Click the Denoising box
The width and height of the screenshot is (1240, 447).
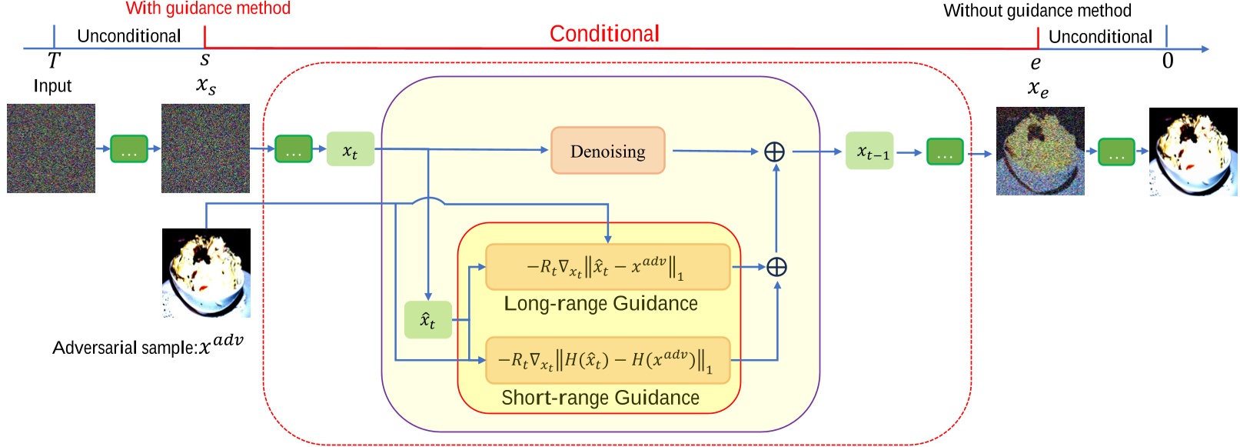coord(607,151)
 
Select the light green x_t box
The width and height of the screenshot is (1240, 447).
coord(350,149)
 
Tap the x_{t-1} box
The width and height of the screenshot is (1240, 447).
coord(869,151)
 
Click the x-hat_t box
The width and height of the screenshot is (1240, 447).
coord(427,319)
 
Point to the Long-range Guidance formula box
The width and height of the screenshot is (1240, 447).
coord(607,267)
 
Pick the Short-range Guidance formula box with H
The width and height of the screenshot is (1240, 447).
coord(607,359)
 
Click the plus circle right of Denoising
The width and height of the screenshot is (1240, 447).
coord(774,152)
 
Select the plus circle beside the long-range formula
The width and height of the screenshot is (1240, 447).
coord(776,267)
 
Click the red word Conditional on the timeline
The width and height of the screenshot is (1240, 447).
coord(604,34)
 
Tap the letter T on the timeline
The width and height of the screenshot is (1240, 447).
coord(53,60)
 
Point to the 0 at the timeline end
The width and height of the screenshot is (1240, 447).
coord(1167,61)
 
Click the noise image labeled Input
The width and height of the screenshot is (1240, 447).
coord(51,148)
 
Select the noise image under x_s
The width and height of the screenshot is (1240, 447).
coord(205,148)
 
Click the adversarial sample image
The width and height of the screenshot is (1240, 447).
coord(206,272)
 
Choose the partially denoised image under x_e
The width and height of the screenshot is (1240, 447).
coord(1039,151)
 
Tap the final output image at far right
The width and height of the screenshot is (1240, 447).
coord(1192,152)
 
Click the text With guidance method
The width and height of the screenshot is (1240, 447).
coord(208,8)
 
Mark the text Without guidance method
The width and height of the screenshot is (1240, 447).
coord(1037,11)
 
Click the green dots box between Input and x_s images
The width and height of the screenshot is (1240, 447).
coord(128,148)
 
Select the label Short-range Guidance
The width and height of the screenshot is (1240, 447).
coord(600,398)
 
